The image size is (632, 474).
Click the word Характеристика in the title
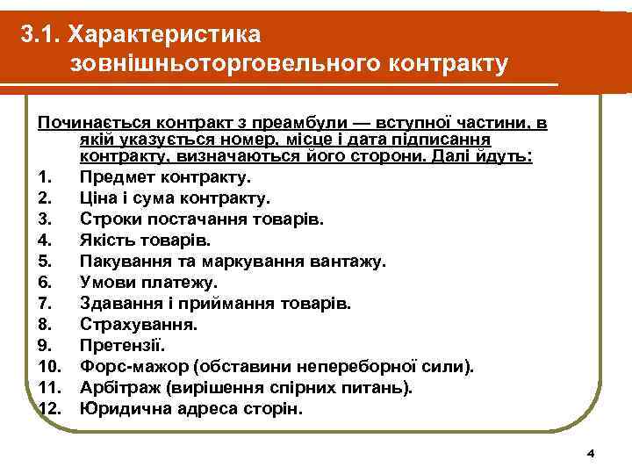166,34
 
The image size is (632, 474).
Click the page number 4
590,453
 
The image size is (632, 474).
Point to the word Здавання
117,304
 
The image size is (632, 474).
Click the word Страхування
138,324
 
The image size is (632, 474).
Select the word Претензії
120,345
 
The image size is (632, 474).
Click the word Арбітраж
118,387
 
